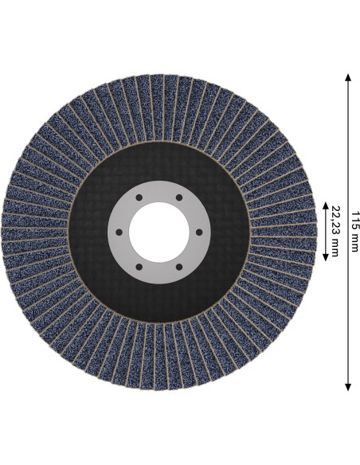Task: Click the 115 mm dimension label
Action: click(355, 232)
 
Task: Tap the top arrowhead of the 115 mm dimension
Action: click(348, 78)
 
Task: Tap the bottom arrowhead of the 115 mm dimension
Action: click(348, 387)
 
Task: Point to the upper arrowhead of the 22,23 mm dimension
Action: click(325, 205)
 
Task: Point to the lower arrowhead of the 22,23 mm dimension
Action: click(325, 257)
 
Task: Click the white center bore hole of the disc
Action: click(159, 232)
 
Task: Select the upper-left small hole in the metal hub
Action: click(139, 197)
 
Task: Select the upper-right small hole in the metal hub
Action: click(179, 197)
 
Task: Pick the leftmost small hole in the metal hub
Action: click(119, 232)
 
